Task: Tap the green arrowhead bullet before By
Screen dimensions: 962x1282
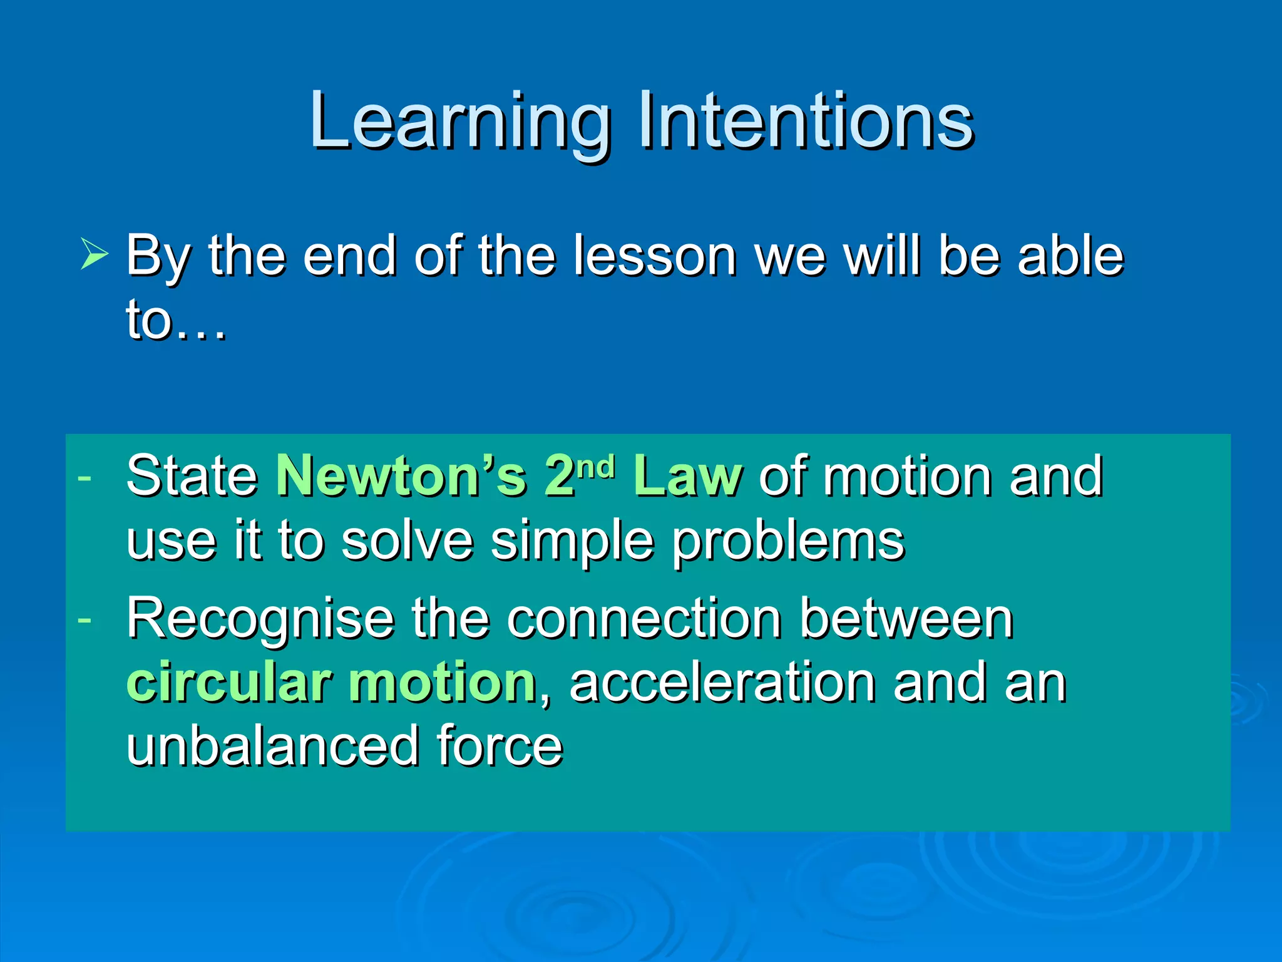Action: click(x=94, y=256)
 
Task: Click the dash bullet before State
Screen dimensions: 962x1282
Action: click(x=85, y=478)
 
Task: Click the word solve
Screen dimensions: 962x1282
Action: click(x=407, y=541)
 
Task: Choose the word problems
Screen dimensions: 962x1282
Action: click(x=789, y=542)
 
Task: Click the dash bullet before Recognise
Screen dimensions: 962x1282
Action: click(x=85, y=620)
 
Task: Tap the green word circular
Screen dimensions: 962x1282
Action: click(x=228, y=683)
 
